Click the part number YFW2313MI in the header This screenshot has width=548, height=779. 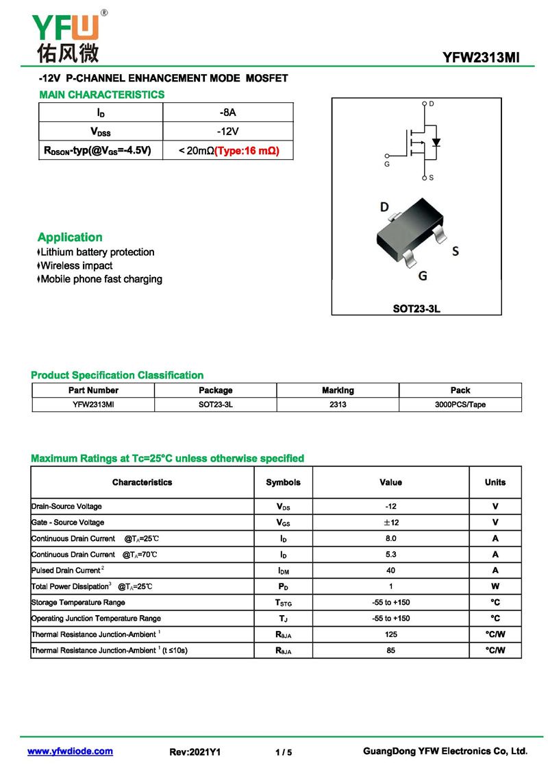tap(482, 58)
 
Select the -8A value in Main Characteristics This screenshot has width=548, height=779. tap(227, 112)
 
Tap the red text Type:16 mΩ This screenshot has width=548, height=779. tap(247, 150)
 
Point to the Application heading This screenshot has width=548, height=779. tap(70, 237)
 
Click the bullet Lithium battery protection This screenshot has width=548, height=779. tap(97, 252)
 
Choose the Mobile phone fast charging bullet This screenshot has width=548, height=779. tap(101, 279)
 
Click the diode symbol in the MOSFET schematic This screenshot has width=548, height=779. tap(436, 143)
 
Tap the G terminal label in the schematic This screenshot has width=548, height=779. tap(386, 165)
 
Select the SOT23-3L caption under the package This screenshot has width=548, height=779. tap(416, 309)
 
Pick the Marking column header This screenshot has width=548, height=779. tap(338, 390)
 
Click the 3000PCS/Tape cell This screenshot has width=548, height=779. tap(460, 405)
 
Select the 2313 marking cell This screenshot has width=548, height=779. tap(338, 405)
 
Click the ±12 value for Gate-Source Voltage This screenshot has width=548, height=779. tap(390, 523)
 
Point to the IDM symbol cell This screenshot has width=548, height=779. tap(283, 571)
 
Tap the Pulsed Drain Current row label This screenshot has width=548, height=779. tap(67, 571)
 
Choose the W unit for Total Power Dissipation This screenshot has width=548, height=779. tap(495, 586)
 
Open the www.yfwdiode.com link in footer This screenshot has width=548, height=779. tap(70, 752)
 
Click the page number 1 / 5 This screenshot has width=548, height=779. tap(284, 752)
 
